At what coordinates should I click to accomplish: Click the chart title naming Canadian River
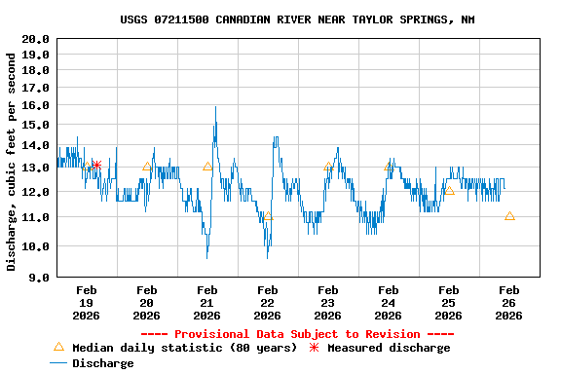coord(298,19)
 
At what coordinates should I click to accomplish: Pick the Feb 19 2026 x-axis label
coord(86,302)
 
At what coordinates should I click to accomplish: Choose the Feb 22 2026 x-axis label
coord(267,302)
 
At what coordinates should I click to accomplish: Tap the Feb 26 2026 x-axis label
coord(508,302)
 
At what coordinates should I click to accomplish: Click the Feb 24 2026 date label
coord(388,302)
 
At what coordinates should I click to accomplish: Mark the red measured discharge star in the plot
coord(96,166)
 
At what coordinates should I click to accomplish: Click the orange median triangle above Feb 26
coord(509,216)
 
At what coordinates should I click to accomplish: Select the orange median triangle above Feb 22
coord(268,216)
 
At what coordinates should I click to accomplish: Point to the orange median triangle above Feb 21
coord(207,167)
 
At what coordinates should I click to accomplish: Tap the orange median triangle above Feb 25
coord(449,190)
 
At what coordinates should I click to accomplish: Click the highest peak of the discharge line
coord(215,108)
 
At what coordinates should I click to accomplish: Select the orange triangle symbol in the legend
coord(58,347)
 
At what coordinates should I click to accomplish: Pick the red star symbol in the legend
coord(314,348)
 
